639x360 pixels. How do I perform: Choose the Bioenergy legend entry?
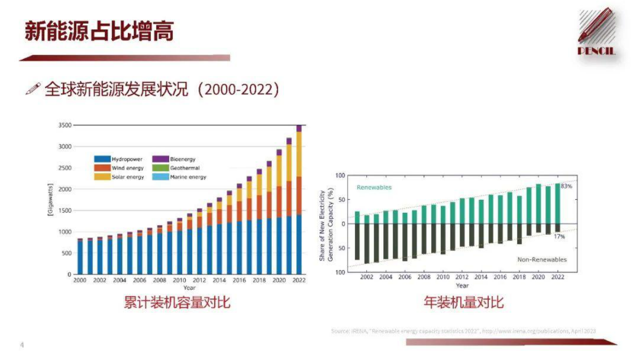click(x=175, y=159)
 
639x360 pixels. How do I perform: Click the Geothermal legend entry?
click(x=177, y=168)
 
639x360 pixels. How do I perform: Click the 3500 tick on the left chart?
click(x=64, y=125)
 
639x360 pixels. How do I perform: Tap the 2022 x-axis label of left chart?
click(x=299, y=280)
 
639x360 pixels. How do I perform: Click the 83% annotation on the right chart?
click(x=567, y=186)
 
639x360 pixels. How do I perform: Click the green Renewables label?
click(x=374, y=188)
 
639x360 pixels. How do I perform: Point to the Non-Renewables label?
click(x=541, y=260)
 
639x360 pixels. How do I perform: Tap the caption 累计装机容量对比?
click(x=177, y=303)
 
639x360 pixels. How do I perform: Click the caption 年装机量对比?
click(x=463, y=303)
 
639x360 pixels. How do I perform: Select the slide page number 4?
click(x=22, y=345)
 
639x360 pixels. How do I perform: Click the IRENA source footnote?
click(x=463, y=331)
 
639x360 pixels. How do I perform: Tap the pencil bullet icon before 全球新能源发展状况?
click(x=33, y=89)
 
